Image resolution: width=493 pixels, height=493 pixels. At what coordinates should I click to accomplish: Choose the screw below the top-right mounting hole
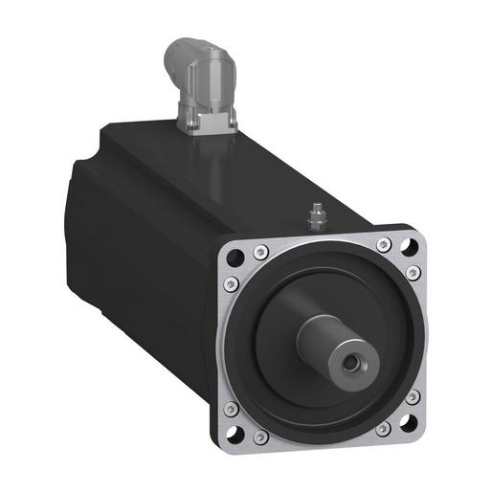[415, 274]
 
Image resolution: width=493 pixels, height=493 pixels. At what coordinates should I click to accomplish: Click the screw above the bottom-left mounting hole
[230, 410]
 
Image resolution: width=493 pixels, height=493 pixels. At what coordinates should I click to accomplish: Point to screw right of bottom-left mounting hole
[261, 438]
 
